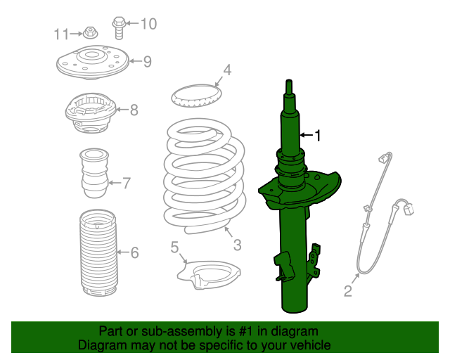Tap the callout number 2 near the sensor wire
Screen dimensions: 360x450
point(347,290)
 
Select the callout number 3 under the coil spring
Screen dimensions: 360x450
point(237,245)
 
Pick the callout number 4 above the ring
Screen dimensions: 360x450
point(227,70)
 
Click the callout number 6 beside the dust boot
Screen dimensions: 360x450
point(134,252)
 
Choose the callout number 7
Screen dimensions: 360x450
point(127,184)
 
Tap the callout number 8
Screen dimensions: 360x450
point(134,109)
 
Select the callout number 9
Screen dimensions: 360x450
point(147,61)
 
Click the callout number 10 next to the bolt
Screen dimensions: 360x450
point(148,25)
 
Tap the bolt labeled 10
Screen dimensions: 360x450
point(119,27)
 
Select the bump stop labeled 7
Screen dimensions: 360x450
point(94,174)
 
